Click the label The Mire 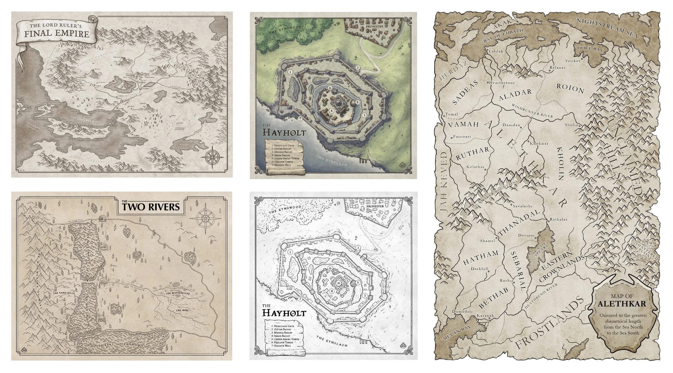coord(183,310)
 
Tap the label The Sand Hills coord(62,293)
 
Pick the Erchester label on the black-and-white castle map coord(375,206)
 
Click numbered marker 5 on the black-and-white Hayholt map coord(358,283)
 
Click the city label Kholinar coord(539,143)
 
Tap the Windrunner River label coord(532,111)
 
